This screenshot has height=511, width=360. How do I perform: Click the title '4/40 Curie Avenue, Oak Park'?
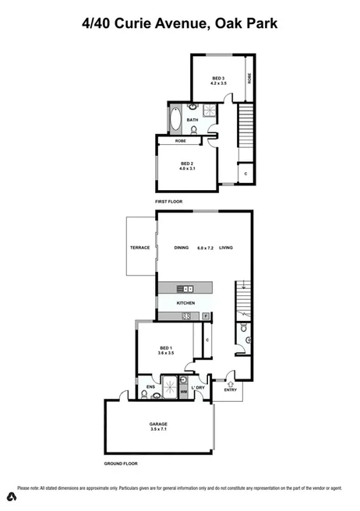coord(180,24)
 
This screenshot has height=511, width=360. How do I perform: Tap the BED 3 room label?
coord(218,78)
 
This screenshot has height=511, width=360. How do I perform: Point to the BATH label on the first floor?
coord(192,120)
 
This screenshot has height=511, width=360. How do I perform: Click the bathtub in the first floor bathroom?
coord(173,122)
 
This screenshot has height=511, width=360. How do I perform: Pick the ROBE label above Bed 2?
coord(180,141)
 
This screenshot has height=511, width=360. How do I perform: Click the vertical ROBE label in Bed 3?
coord(249,78)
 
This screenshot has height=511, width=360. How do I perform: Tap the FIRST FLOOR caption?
coord(168,202)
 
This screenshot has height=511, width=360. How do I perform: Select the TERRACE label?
coord(139,248)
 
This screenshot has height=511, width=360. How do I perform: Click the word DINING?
coord(181,248)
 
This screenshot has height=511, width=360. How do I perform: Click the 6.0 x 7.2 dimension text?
coord(205,248)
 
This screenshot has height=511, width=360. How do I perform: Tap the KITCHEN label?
coord(185,303)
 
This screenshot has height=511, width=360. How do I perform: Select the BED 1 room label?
coord(166,348)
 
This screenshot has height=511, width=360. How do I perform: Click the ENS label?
coord(150,386)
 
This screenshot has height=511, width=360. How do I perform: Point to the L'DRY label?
coord(199,387)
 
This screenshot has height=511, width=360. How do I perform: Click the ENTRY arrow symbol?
coord(230,383)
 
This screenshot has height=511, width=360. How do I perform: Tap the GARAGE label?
coord(159,425)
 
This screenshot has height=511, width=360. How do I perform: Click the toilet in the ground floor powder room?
coord(244,329)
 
